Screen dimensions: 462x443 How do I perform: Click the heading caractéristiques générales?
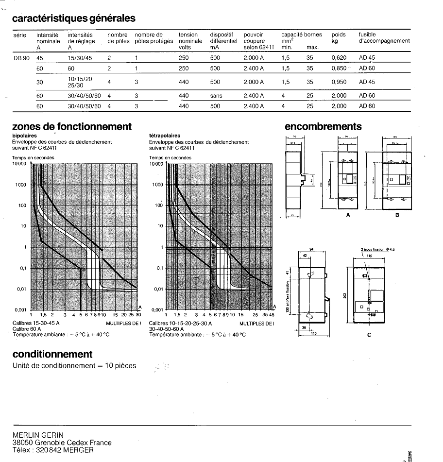pyautogui.click(x=74, y=19)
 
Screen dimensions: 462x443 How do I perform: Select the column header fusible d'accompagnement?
pyautogui.click(x=384, y=38)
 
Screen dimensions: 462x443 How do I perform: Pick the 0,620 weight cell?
pyautogui.click(x=339, y=58)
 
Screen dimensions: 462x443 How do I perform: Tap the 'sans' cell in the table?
pyautogui.click(x=216, y=96)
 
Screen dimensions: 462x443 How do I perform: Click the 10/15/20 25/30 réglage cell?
pyautogui.click(x=81, y=82)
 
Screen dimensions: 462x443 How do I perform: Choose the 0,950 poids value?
pyautogui.click(x=339, y=82)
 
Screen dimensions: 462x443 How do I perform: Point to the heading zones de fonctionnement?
pyautogui.click(x=72, y=127)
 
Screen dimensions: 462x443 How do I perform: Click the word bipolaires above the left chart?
pyautogui.click(x=24, y=136)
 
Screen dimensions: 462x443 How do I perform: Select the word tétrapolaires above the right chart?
pyautogui.click(x=165, y=136)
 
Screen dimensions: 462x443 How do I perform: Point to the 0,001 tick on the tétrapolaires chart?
pyautogui.click(x=157, y=310)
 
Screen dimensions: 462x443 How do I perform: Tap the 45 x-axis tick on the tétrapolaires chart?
pyautogui.click(x=272, y=315)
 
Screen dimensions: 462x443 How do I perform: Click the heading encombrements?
pyautogui.click(x=323, y=127)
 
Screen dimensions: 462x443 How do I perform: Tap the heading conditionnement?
pyautogui.click(x=52, y=354)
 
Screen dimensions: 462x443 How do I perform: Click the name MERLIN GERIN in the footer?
pyautogui.click(x=38, y=435)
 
